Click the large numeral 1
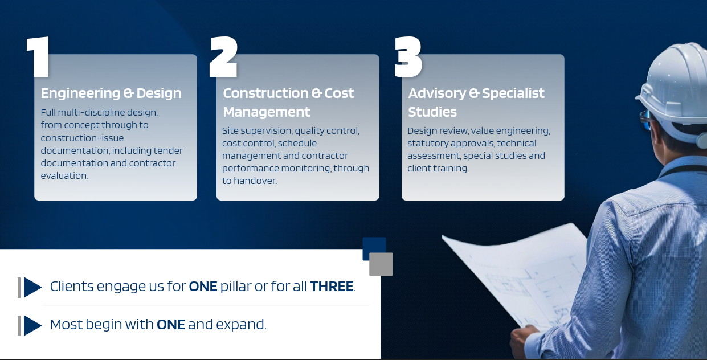coord(38,57)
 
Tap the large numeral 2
coord(223,57)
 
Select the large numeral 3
coord(408,57)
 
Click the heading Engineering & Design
coord(111,93)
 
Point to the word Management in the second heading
coord(267,112)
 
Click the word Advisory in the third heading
coord(437,93)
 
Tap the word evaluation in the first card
coord(64,175)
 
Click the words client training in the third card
coord(438,168)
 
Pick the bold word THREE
coord(332,287)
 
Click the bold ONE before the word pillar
coord(203,287)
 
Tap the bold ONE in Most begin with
coord(171,324)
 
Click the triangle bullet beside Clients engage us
coord(32,288)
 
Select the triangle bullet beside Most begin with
coord(32,325)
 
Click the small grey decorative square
coord(381,264)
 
